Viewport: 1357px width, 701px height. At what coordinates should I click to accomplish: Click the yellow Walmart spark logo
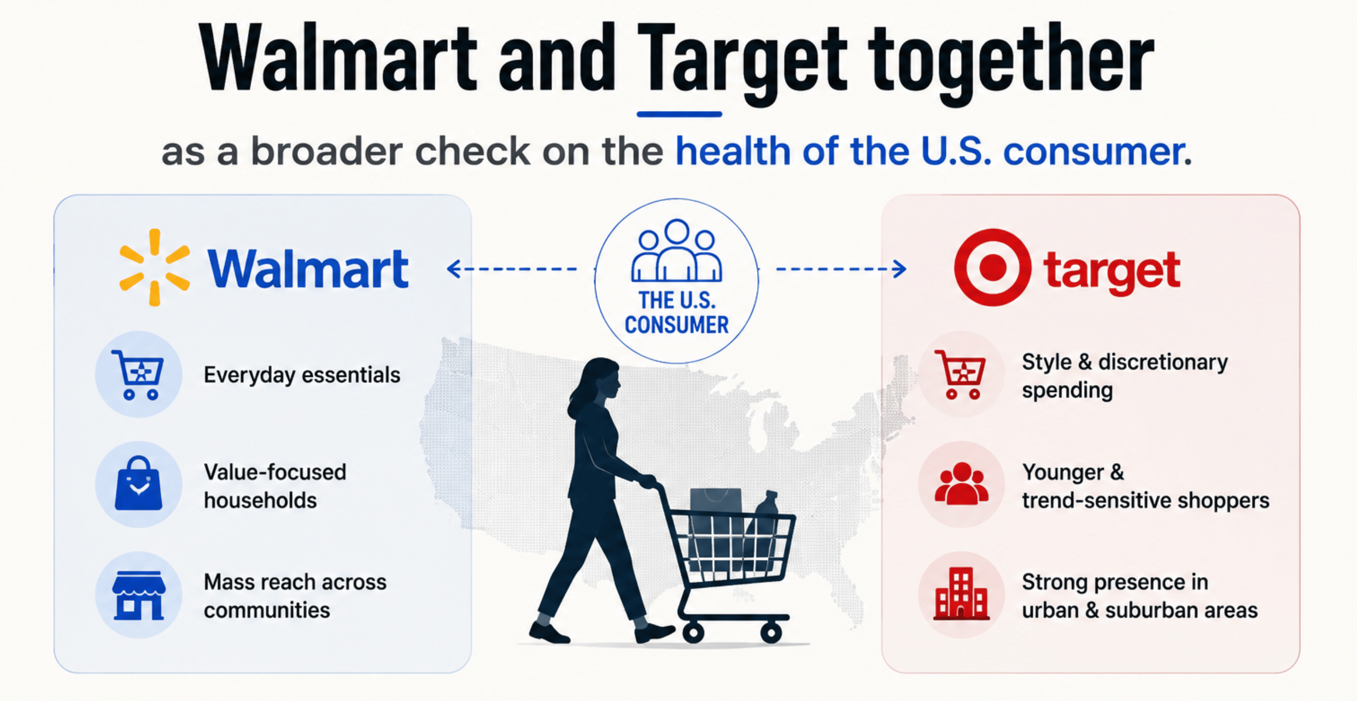pos(155,267)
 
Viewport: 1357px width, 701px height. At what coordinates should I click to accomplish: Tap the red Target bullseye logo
pos(993,267)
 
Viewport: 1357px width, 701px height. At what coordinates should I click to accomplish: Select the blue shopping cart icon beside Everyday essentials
pos(138,375)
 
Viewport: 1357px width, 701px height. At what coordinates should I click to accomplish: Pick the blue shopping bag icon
pos(138,483)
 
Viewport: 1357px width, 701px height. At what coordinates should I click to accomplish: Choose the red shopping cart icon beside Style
pos(961,375)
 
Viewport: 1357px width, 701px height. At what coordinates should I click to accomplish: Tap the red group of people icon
pos(962,483)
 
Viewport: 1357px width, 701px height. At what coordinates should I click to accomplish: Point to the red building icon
pos(961,594)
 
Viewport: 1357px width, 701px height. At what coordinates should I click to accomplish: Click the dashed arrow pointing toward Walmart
pos(512,269)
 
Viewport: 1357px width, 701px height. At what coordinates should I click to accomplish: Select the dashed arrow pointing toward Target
pos(841,269)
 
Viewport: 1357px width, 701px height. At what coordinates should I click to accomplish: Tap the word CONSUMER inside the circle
pos(677,325)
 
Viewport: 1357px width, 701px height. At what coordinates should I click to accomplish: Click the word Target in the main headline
pos(742,60)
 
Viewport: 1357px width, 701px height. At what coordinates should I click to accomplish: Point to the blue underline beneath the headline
pos(679,114)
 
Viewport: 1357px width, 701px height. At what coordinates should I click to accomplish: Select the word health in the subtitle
pos(733,151)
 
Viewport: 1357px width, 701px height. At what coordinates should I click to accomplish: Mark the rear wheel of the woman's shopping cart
pos(693,633)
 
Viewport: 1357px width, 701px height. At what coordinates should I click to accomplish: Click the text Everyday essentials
pos(302,375)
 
